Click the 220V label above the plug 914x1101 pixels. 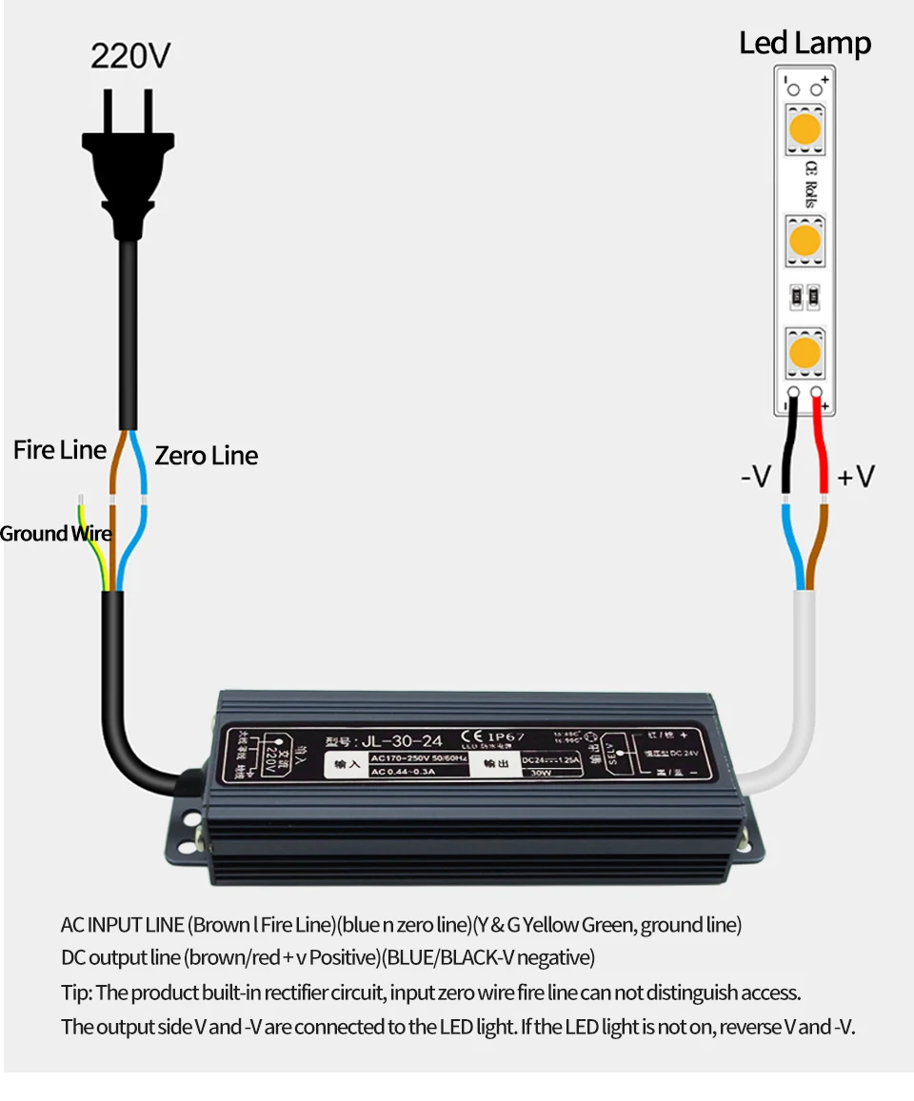(130, 56)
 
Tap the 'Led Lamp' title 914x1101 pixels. (805, 43)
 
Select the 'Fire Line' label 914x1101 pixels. (59, 450)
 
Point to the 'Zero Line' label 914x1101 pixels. (206, 456)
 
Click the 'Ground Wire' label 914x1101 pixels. (55, 534)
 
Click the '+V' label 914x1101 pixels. (855, 476)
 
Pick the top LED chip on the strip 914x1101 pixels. (805, 130)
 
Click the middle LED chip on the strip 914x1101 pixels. (805, 242)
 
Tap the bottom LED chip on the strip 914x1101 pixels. (805, 353)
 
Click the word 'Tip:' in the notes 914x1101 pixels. (77, 993)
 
